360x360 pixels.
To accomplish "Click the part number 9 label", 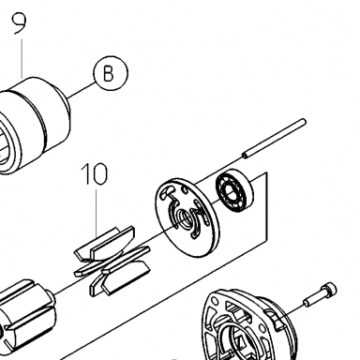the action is pyautogui.click(x=20, y=23).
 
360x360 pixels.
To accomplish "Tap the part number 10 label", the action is pyautogui.click(x=95, y=173).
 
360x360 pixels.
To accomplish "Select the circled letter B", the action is pyautogui.click(x=111, y=73).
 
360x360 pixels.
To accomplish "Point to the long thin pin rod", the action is pyautogui.click(x=275, y=139).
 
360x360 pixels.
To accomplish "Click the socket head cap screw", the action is pyautogui.click(x=321, y=293).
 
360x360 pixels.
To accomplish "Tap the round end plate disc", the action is pyautogui.click(x=187, y=217).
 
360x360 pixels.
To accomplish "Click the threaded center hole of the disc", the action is pyautogui.click(x=183, y=217).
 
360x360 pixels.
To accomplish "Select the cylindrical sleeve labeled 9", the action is pyautogui.click(x=35, y=125).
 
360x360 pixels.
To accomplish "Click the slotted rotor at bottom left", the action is pyautogui.click(x=26, y=316).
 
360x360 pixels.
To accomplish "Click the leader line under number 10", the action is pyautogui.click(x=97, y=210).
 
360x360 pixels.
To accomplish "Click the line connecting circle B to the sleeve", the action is pyautogui.click(x=82, y=90).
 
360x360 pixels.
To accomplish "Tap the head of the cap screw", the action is pyautogui.click(x=330, y=289).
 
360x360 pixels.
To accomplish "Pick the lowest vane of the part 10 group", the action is pyautogui.click(x=125, y=278).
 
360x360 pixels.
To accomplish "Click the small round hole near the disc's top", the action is pyautogui.click(x=185, y=189).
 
